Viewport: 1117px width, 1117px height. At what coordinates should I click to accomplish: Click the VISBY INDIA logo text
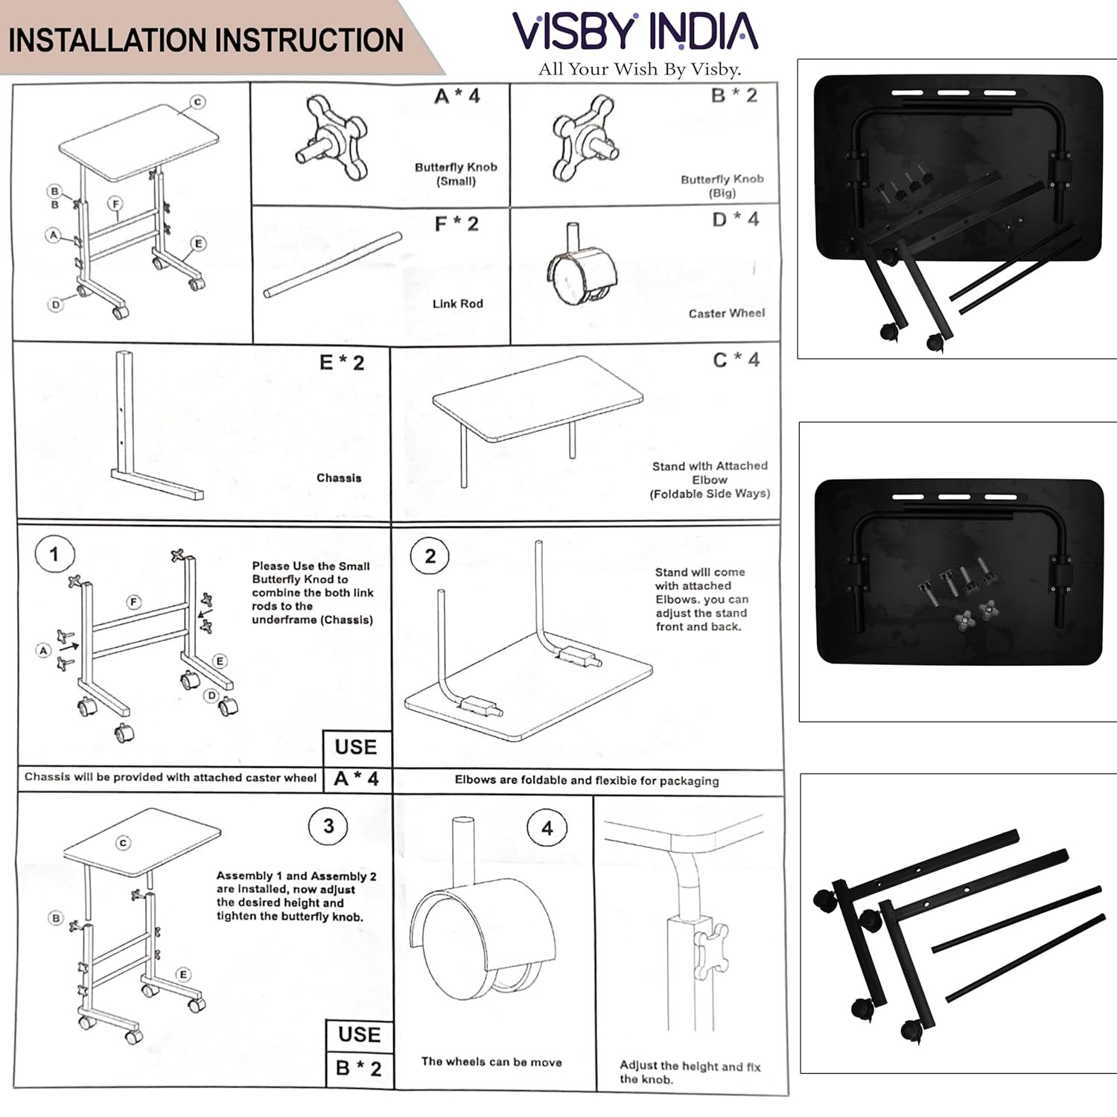pos(635,31)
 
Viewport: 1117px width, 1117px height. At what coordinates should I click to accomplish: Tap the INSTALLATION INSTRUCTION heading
pos(206,40)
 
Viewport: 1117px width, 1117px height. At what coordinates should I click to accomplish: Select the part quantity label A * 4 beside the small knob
pos(457,96)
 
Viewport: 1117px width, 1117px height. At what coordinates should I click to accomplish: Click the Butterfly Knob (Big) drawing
pos(585,139)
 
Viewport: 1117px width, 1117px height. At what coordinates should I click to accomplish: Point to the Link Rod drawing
pos(332,266)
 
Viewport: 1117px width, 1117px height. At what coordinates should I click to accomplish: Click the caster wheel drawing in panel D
pos(581,268)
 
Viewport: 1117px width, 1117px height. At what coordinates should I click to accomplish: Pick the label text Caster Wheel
pos(726,314)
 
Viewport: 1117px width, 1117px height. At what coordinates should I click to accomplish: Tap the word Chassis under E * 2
pos(339,478)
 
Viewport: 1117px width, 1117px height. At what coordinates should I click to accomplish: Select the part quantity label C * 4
pos(736,360)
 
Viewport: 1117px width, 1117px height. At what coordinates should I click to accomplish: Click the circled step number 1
pos(54,554)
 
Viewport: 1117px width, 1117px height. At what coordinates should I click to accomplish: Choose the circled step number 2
pos(430,556)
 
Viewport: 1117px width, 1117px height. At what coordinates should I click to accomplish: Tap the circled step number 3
pos(328,827)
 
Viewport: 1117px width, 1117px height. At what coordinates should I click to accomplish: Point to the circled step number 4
pos(547,828)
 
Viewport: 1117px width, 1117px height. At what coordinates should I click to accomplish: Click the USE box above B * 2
pos(359,1034)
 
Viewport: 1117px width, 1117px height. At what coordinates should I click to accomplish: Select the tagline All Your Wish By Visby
pos(639,69)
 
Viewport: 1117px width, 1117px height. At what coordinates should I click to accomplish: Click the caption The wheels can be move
pos(491,1062)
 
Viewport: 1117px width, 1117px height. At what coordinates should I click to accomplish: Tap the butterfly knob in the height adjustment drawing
pos(710,949)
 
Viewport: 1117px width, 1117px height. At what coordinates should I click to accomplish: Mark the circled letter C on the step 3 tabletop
pos(124,843)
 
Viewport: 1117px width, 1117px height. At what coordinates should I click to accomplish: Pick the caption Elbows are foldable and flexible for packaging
pos(587,780)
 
